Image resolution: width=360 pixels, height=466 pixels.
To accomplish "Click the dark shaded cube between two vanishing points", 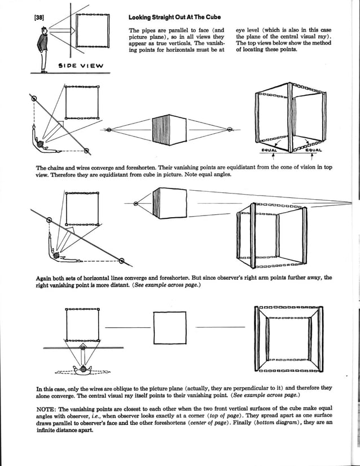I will point(165,130).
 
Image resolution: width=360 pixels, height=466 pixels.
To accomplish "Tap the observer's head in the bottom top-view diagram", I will point(85,370).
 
